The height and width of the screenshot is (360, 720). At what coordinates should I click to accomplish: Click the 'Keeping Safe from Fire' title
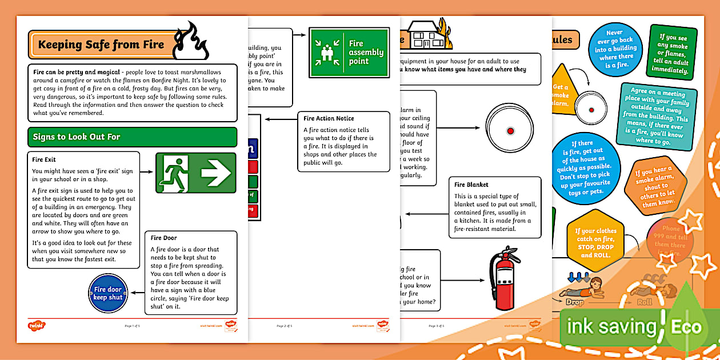101,45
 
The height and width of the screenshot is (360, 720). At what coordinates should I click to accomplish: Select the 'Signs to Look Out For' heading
76,137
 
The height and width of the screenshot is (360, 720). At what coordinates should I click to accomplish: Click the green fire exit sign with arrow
195,173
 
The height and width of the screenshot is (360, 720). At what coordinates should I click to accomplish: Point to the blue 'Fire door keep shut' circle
108,293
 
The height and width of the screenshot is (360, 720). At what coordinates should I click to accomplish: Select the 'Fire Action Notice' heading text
329,118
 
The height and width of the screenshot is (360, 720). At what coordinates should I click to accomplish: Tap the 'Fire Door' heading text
163,238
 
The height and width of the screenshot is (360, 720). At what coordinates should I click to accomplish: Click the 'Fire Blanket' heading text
471,185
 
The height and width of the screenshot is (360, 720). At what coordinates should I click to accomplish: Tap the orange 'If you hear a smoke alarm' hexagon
654,187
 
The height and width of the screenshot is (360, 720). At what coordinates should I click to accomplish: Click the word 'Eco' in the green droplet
686,327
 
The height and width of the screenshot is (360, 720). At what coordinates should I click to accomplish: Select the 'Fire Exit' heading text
44,159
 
